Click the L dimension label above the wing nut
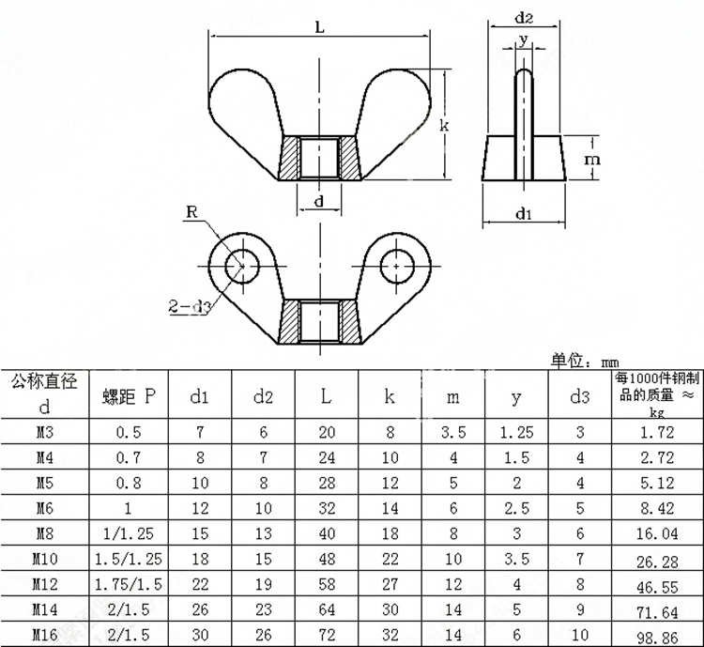pos(319,27)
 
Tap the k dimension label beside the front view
pos(444,125)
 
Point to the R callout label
pos(191,211)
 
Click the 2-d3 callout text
pos(190,306)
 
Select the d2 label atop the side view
pos(524,18)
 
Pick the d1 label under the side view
pos(524,213)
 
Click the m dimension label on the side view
pos(592,159)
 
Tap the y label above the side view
pos(524,39)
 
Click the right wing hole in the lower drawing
pos(397,267)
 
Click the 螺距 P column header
pos(129,396)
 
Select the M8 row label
pos(45,533)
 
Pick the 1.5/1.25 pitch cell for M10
pos(129,559)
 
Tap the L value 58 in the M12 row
pos(327,584)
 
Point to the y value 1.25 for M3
pos(516,432)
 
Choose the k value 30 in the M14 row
pos(390,609)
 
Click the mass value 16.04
pos(657,533)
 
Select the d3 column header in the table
pos(580,396)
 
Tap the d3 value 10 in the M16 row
pos(580,635)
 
